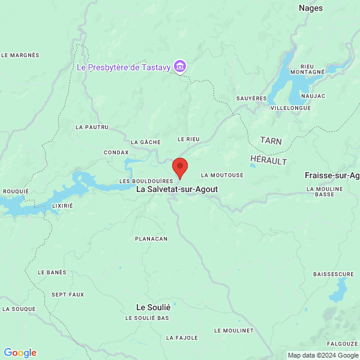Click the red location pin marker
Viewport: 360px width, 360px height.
[x=180, y=167]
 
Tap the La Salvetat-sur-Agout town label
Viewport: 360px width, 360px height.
[x=177, y=189]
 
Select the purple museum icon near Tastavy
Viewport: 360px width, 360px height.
[x=179, y=66]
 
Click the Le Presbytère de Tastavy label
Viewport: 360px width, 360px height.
[x=124, y=67]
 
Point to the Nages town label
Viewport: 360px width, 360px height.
[x=311, y=8]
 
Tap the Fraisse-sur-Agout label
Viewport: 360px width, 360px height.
[x=332, y=175]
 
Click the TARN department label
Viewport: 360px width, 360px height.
[x=271, y=140]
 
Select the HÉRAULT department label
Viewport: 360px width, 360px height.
[x=268, y=161]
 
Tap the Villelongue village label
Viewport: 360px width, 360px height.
[x=290, y=108]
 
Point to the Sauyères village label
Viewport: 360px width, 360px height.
[x=251, y=98]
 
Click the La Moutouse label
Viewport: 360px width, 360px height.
[x=222, y=175]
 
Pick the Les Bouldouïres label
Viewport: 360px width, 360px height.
[x=146, y=181]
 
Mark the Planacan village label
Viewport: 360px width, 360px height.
[x=151, y=238]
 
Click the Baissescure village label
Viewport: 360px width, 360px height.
[x=334, y=274]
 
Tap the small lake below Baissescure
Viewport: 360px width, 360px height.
[x=338, y=293]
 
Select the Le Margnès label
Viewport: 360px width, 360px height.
[x=20, y=55]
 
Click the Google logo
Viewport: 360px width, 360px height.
[x=20, y=353]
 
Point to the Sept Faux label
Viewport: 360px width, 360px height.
[x=68, y=295]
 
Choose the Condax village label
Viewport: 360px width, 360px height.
[x=116, y=152]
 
